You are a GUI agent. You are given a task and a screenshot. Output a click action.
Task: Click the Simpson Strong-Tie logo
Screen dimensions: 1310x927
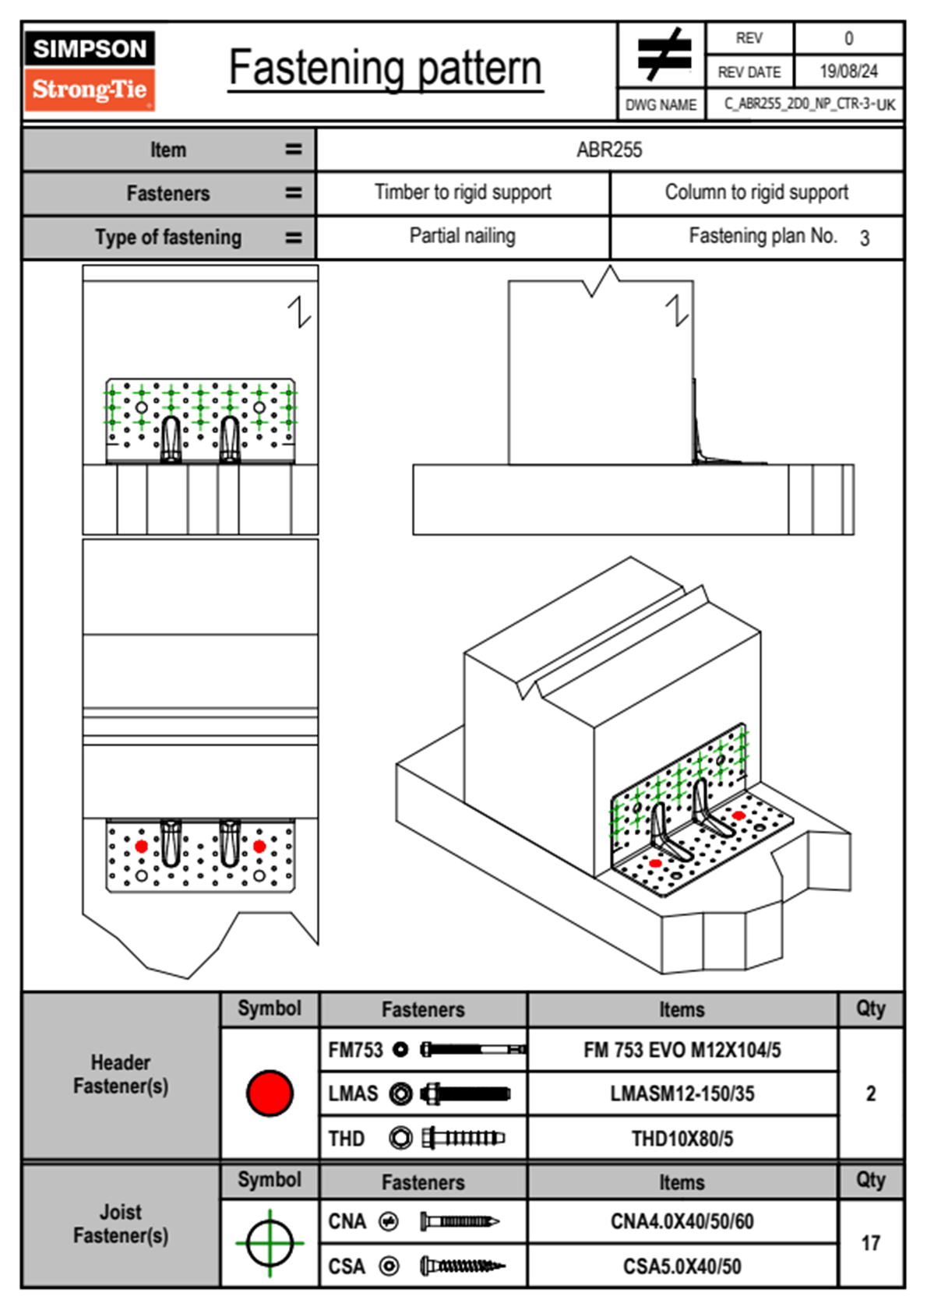tap(90, 71)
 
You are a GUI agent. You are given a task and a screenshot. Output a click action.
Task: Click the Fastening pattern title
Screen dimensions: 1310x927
tap(385, 68)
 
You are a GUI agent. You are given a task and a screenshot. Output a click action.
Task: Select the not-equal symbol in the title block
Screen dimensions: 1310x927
tap(663, 55)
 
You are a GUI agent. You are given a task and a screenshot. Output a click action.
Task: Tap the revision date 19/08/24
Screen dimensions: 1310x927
tap(848, 72)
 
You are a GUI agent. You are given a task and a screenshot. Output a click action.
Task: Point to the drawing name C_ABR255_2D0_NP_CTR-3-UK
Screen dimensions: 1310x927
tap(809, 104)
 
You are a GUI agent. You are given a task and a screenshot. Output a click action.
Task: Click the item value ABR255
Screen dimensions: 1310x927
tap(609, 150)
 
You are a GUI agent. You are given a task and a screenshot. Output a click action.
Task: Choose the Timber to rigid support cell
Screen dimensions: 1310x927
tap(463, 192)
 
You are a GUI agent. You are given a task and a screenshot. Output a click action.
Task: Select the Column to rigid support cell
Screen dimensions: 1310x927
tap(756, 192)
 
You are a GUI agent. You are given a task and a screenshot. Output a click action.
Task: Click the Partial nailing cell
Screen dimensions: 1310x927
tap(463, 236)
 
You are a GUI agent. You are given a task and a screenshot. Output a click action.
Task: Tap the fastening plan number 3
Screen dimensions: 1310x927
tap(864, 238)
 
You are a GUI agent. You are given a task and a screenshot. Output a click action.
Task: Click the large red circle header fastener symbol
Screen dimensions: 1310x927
tap(270, 1093)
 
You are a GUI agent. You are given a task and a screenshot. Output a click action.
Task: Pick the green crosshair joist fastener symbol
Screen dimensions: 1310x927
tap(270, 1243)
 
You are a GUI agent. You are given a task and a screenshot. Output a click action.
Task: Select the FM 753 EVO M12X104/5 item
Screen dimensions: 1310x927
tap(682, 1050)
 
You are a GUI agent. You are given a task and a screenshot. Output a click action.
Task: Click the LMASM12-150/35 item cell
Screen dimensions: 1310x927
tap(682, 1093)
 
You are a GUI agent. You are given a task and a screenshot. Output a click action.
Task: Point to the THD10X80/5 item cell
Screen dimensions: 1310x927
tap(682, 1139)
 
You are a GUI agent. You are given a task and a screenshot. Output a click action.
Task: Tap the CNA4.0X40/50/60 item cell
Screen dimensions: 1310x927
tap(682, 1221)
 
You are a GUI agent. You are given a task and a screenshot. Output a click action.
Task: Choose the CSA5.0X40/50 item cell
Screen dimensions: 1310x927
tap(682, 1266)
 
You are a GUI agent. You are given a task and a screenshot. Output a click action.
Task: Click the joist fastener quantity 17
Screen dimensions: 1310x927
tap(870, 1243)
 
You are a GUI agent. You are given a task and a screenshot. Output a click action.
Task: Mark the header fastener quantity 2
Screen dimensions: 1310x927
tap(870, 1093)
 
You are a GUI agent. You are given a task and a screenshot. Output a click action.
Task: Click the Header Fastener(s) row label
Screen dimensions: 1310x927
tap(121, 1074)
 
